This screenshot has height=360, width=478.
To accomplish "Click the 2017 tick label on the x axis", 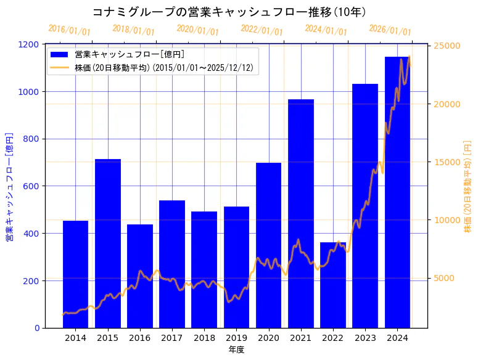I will click(172, 338).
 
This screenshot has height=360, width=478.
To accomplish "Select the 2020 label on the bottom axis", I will click(269, 338).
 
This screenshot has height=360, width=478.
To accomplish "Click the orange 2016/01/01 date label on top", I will click(69, 30).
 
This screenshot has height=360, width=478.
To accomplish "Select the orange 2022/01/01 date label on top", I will click(262, 30).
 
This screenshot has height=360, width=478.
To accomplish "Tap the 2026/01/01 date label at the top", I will click(390, 30).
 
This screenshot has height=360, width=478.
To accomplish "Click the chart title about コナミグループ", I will click(229, 12).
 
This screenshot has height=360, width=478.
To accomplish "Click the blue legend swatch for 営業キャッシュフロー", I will click(60, 54).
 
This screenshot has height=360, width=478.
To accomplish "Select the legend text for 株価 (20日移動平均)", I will click(164, 67).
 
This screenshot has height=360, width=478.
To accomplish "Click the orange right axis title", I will click(468, 186).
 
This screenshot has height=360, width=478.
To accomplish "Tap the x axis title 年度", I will click(236, 350).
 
